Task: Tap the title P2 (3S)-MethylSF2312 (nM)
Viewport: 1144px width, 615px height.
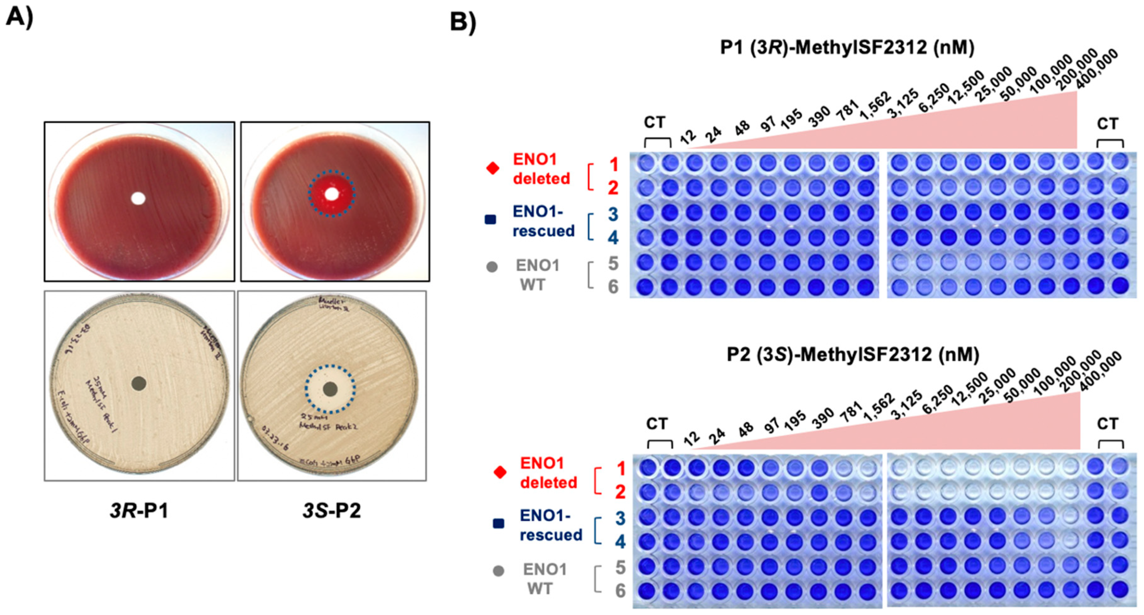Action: click(853, 354)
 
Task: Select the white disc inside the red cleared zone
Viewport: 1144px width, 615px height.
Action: click(332, 194)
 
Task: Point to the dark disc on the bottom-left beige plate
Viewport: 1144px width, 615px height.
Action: click(139, 383)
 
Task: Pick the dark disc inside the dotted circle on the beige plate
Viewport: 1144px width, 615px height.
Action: click(330, 389)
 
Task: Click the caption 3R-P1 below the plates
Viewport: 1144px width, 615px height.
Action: click(139, 510)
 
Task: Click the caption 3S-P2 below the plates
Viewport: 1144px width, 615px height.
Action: click(332, 510)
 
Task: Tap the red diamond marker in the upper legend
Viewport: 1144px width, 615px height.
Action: click(492, 168)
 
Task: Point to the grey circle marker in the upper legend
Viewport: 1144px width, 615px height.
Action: click(491, 267)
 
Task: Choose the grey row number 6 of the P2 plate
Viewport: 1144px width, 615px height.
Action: click(620, 591)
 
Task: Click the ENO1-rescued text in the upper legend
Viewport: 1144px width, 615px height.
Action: click(543, 221)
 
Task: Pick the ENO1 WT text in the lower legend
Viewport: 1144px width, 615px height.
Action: click(544, 579)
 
